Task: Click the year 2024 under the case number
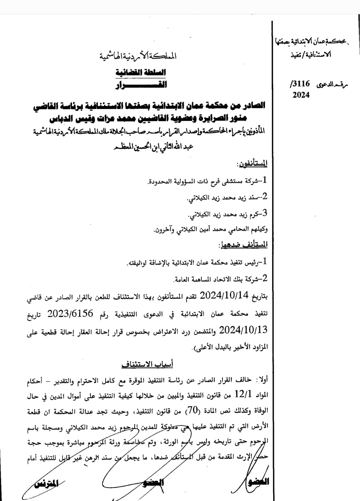[x=301, y=95]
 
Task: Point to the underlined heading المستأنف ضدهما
[x=244, y=245]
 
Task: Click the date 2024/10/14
[x=224, y=295]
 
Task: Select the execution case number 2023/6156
[x=70, y=314]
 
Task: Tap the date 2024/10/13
[x=243, y=330]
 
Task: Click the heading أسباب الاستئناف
[x=147, y=364]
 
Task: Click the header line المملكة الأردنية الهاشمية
[x=138, y=56]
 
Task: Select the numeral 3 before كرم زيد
[x=265, y=214]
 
